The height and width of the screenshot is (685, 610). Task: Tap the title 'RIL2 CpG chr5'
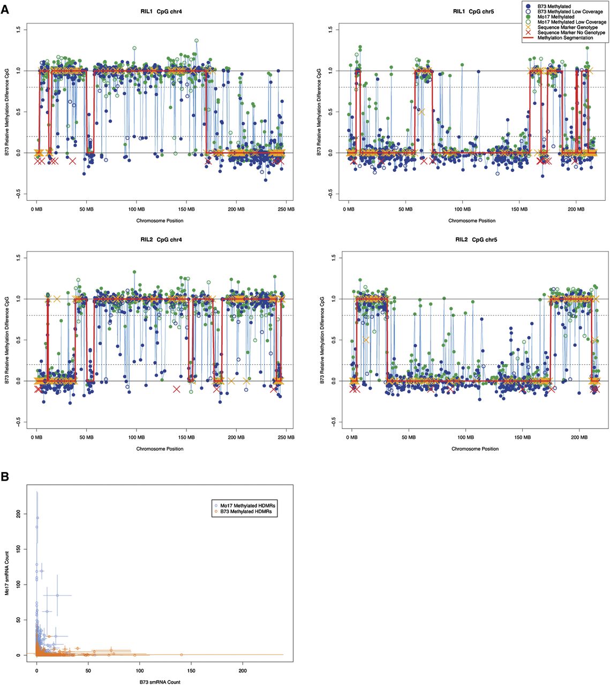476,240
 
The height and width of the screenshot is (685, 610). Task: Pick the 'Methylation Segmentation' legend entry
566,38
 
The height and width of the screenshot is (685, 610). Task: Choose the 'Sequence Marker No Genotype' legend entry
571,33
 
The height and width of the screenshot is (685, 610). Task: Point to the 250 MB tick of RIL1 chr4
286,209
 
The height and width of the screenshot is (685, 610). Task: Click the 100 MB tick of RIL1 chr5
462,209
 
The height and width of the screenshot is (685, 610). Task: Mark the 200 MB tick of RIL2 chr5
579,438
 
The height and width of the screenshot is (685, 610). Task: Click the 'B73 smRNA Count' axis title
160,682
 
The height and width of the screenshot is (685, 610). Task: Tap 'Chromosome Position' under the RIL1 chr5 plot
472,220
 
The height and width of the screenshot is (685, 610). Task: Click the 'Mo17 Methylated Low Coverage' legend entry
571,22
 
